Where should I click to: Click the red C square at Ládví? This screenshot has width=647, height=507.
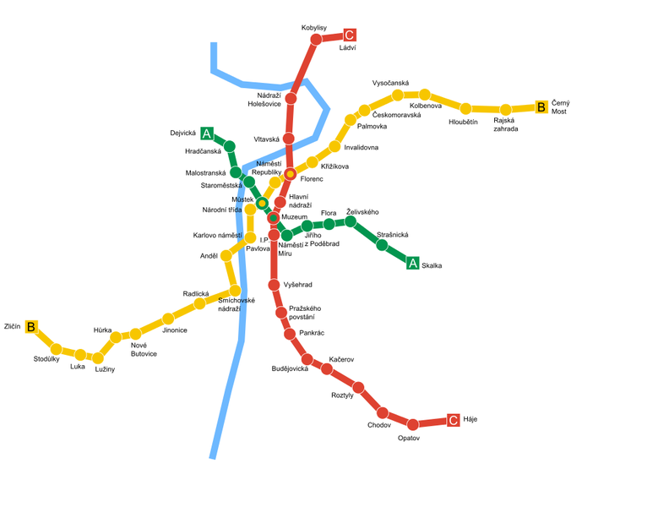(350, 35)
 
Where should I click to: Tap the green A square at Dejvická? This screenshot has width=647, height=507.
(206, 134)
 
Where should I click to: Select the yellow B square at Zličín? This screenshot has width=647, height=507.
(31, 326)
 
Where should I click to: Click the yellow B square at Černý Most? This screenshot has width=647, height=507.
(541, 107)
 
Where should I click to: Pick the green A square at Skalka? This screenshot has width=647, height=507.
(413, 263)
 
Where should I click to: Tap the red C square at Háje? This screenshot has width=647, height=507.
(454, 420)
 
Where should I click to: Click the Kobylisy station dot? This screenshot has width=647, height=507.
(317, 39)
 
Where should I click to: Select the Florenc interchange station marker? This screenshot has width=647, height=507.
(290, 174)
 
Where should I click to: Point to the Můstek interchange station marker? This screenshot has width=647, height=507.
(262, 203)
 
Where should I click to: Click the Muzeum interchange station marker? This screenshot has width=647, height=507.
(274, 218)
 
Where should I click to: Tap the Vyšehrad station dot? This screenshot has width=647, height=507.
(274, 285)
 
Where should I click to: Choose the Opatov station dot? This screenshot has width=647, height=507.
(413, 424)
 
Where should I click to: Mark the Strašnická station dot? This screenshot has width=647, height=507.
(382, 246)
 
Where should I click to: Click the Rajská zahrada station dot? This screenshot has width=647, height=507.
(505, 110)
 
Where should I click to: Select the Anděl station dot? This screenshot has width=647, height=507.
(226, 255)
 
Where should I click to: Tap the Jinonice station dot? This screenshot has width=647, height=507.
(168, 319)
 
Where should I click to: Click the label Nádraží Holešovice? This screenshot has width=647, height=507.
(264, 100)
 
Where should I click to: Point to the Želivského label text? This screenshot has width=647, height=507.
(362, 211)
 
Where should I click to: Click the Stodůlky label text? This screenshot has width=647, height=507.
(46, 359)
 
